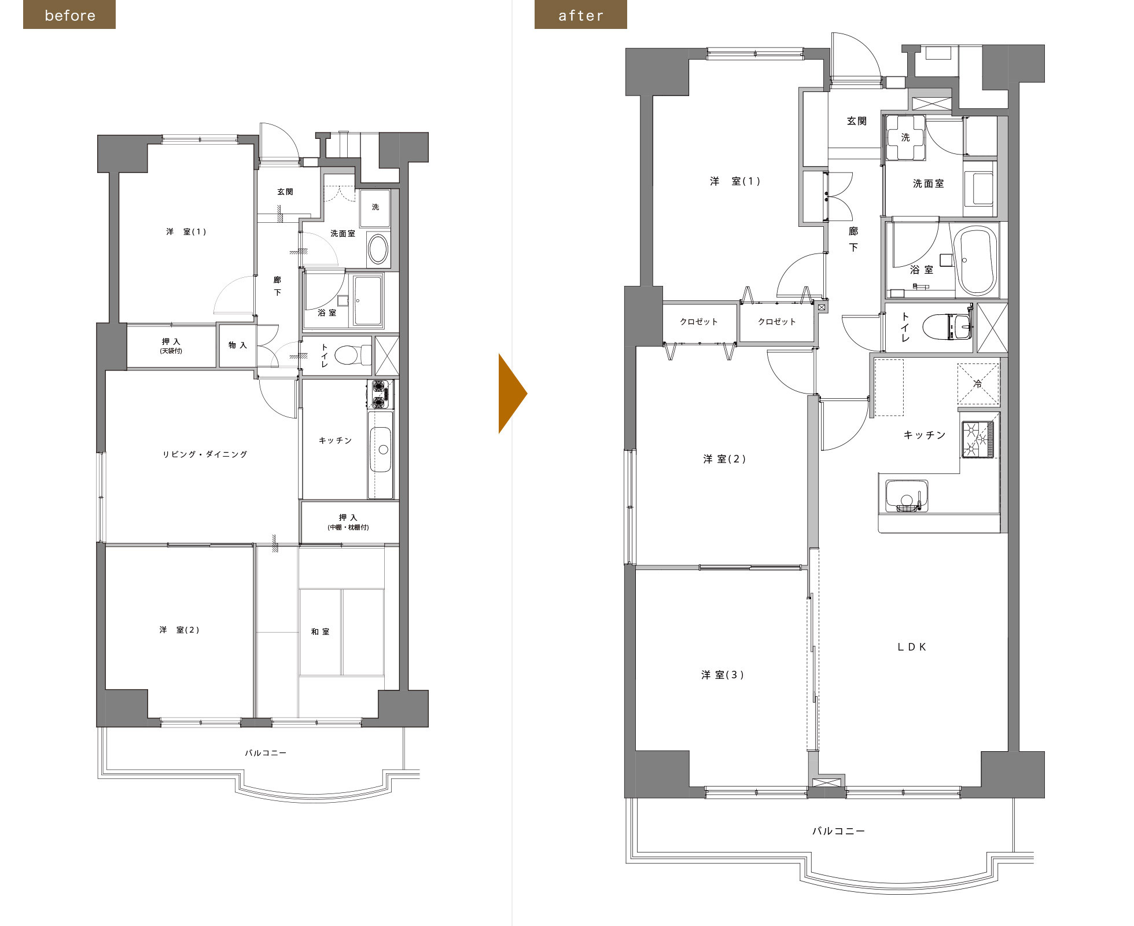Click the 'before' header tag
69,14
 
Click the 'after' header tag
580,14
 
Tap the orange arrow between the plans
513,394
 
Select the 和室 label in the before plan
320,631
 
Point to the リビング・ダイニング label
205,454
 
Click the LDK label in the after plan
912,647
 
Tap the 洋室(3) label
723,675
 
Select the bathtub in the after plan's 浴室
975,260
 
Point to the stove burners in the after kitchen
978,439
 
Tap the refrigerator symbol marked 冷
978,384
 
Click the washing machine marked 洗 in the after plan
905,138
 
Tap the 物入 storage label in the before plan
237,345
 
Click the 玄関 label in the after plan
857,121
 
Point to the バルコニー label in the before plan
266,753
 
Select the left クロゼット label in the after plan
699,322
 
